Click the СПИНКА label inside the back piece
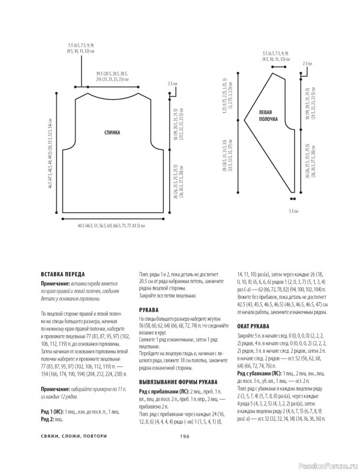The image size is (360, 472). (112, 132)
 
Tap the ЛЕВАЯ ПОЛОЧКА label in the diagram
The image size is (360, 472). (268, 115)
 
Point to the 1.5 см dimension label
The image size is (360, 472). (291, 210)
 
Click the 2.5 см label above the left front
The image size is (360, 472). (306, 63)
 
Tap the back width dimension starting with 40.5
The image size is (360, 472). (112, 209)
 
